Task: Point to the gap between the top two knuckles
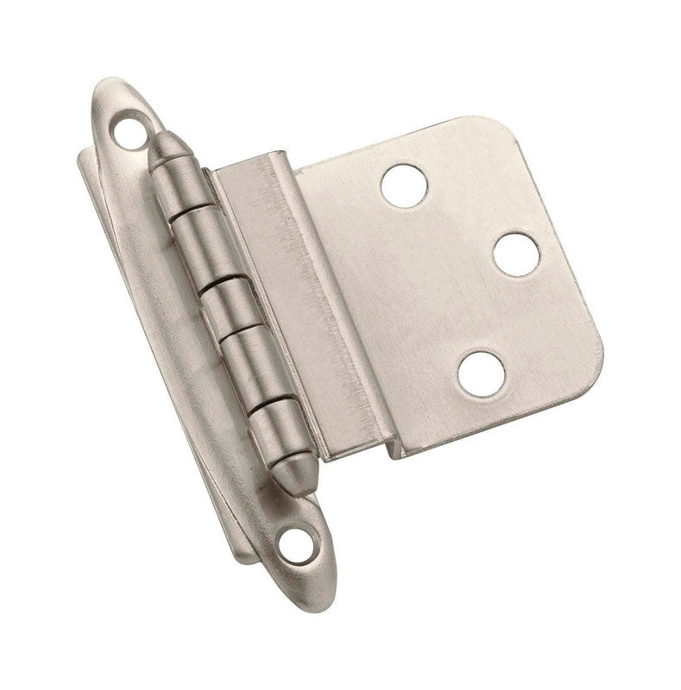point(193,215)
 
